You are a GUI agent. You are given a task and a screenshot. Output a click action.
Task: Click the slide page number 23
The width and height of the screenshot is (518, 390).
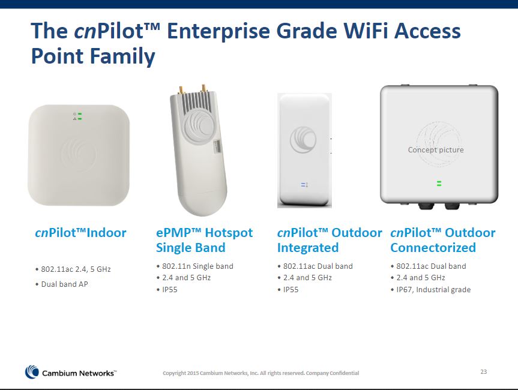pyautogui.click(x=483, y=371)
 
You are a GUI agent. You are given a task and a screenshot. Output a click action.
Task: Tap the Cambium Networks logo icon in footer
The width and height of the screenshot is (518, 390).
pyautogui.click(x=32, y=372)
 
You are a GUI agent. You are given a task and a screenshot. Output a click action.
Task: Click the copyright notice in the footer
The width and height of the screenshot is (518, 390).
pyautogui.click(x=261, y=373)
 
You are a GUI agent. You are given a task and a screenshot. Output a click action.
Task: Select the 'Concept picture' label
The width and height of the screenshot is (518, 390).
pyautogui.click(x=436, y=150)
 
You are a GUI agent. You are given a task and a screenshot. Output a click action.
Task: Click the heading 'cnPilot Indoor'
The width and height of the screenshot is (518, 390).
pyautogui.click(x=80, y=233)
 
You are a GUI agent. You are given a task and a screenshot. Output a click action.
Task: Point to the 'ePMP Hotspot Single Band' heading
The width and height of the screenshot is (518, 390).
pyautogui.click(x=204, y=240)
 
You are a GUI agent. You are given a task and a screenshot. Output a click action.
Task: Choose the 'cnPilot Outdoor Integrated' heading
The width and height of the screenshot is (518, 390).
pyautogui.click(x=330, y=240)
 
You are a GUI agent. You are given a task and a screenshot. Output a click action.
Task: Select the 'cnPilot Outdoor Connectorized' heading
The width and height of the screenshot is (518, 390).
pyautogui.click(x=443, y=240)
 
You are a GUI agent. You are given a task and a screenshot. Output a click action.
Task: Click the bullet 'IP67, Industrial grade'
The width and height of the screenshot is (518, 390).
pyautogui.click(x=430, y=290)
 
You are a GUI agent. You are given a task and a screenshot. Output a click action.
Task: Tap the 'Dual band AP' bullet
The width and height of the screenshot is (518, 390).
pyautogui.click(x=61, y=284)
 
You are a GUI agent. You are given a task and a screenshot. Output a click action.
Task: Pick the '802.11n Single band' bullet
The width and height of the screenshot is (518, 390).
pyautogui.click(x=195, y=266)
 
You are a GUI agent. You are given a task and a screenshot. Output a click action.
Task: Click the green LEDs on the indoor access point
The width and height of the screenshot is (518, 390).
pyautogui.click(x=80, y=116)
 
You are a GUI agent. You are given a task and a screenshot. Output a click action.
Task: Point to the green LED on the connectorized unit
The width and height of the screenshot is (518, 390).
pyautogui.click(x=439, y=183)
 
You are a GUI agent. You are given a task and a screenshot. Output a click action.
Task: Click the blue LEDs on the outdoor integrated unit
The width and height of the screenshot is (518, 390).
pyautogui.click(x=303, y=185)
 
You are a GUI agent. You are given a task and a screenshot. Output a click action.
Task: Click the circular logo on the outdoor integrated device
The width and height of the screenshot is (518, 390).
pyautogui.click(x=303, y=140)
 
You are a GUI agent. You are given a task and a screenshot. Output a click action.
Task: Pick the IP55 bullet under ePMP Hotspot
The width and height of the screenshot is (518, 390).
pyautogui.click(x=167, y=290)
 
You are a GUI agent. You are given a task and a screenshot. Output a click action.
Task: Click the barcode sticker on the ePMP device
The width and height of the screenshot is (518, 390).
pyautogui.click(x=217, y=146)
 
